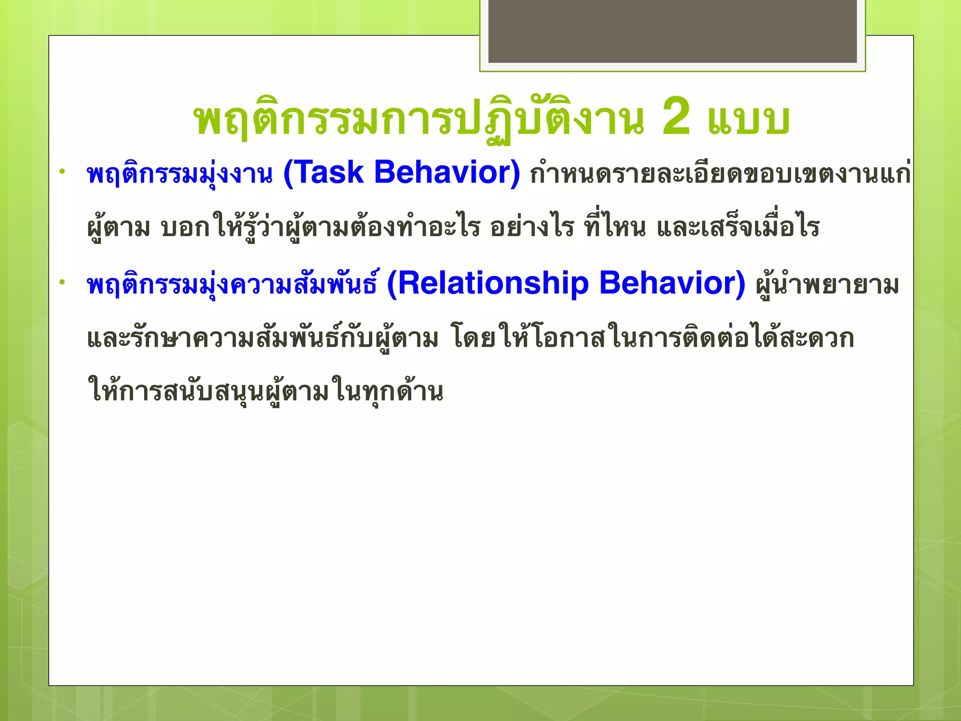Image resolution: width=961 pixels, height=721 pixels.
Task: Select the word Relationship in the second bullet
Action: [x=493, y=283]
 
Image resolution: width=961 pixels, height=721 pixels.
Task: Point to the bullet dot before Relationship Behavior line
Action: [x=61, y=282]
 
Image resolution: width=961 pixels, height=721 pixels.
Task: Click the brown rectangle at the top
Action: [x=672, y=31]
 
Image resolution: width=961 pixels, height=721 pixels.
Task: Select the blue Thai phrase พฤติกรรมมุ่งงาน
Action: [x=180, y=174]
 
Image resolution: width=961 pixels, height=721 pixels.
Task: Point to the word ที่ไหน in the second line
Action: [x=615, y=228]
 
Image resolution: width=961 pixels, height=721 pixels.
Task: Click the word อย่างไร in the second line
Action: [x=532, y=228]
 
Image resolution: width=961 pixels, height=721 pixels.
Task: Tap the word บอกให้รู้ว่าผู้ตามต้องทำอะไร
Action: [x=320, y=228]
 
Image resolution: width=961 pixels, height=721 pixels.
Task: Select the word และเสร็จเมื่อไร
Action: [x=738, y=228]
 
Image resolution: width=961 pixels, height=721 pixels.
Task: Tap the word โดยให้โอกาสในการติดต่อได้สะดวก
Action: [x=652, y=338]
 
